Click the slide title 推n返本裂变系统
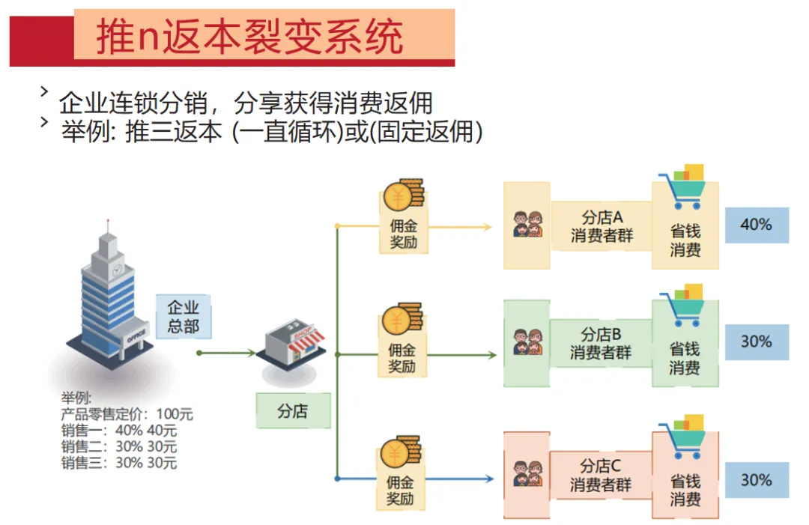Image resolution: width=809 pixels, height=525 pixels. [250, 37]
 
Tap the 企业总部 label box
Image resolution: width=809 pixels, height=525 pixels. [183, 317]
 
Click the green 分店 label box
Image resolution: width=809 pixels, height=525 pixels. [293, 410]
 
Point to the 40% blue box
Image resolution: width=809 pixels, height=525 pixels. [756, 225]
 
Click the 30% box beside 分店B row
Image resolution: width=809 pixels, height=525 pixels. [756, 342]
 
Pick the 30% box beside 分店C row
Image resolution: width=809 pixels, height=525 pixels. [756, 480]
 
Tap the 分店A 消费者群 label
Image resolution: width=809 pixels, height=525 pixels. [602, 226]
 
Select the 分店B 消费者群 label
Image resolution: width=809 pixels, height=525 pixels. [601, 343]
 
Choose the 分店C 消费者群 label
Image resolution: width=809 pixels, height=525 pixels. [601, 475]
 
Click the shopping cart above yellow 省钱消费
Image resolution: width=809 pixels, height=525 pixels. [682, 187]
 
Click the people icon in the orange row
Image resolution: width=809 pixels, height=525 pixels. [527, 475]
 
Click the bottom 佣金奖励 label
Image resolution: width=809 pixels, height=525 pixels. [400, 491]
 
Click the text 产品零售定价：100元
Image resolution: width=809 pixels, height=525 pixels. [127, 413]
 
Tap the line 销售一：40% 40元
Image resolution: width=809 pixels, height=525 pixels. [119, 430]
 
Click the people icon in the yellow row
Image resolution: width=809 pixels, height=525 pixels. [527, 224]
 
